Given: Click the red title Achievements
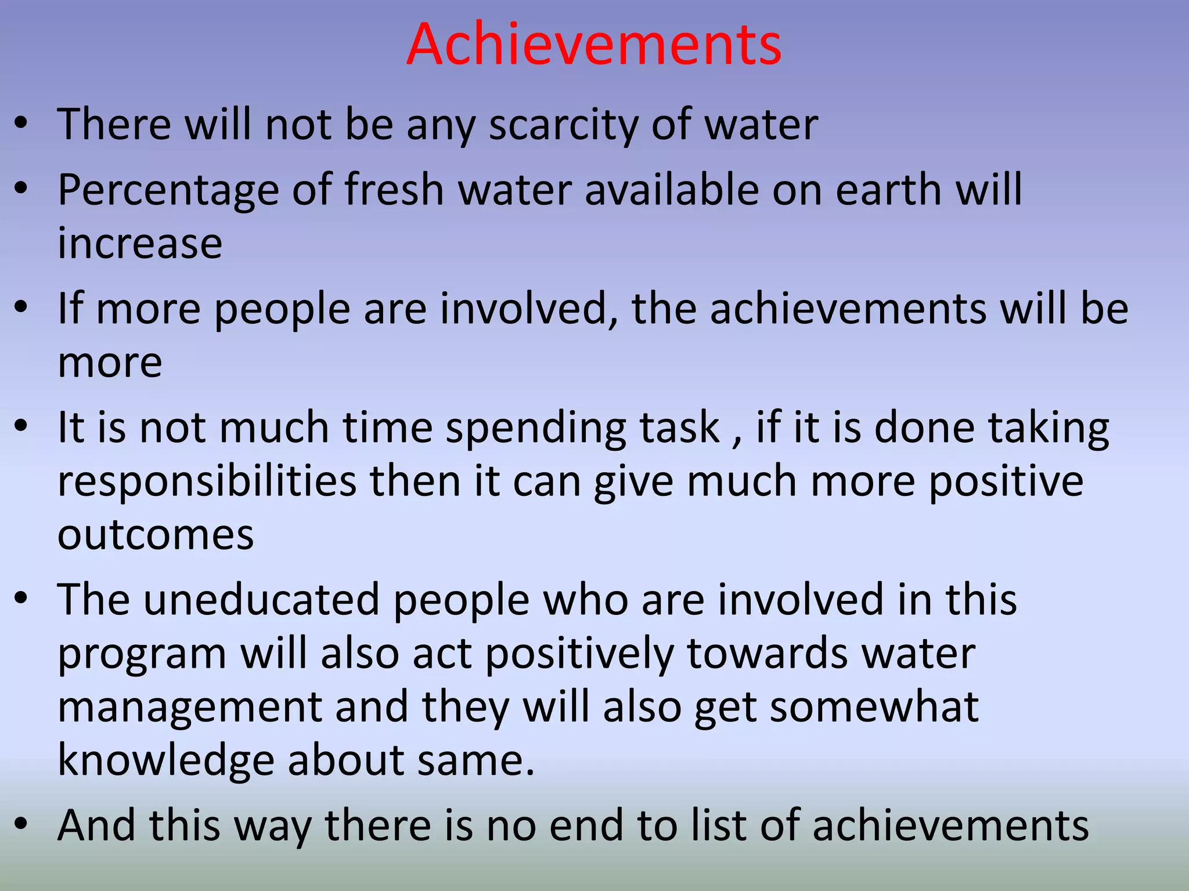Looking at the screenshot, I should pyautogui.click(x=594, y=44).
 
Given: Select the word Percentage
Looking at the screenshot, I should pyautogui.click(x=168, y=190).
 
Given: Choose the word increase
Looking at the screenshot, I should pyautogui.click(x=140, y=243).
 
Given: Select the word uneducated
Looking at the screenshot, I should pyautogui.click(x=261, y=599).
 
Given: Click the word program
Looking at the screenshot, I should pyautogui.click(x=142, y=654).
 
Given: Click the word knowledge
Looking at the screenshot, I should pyautogui.click(x=165, y=760).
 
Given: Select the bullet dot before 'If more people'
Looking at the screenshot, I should pyautogui.click(x=21, y=307).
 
